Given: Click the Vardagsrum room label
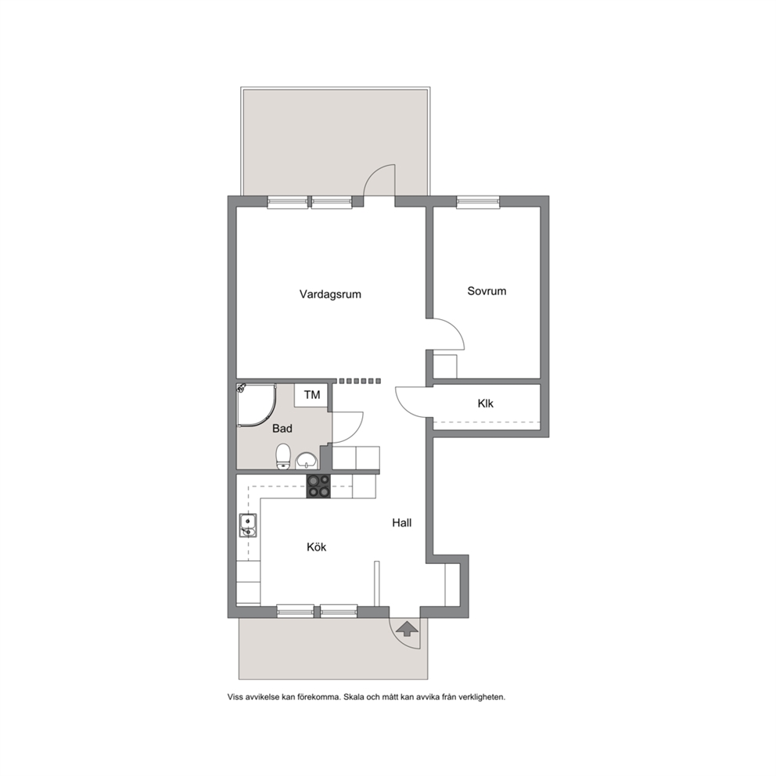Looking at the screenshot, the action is (x=330, y=294).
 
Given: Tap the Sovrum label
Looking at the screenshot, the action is (x=487, y=291).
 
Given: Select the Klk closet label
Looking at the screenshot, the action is (x=486, y=404).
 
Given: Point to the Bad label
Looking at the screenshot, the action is (x=282, y=429).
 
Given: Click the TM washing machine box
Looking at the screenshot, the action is (x=311, y=395).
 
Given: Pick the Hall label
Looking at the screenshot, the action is (x=402, y=523).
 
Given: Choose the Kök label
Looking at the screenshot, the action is (x=317, y=547).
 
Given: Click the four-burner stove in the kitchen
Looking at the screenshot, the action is (x=318, y=486).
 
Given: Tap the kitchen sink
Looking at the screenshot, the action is (x=247, y=526).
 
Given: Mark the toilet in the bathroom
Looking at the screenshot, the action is (x=283, y=456).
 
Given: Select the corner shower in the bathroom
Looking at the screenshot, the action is (x=256, y=405).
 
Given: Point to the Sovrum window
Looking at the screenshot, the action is (x=478, y=202).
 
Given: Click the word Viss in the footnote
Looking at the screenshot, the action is (x=235, y=697).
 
